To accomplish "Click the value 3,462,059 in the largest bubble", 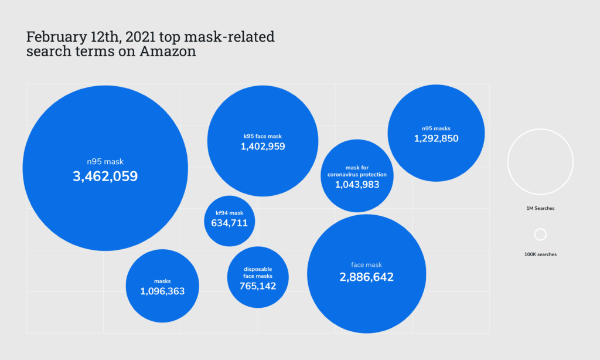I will (x=105, y=176).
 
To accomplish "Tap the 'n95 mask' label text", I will (x=105, y=162).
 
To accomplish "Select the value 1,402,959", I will (x=262, y=147).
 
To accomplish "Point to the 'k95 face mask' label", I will (x=262, y=136).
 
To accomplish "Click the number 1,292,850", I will (x=436, y=139).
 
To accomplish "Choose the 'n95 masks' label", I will (x=436, y=128).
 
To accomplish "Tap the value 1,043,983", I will (x=357, y=185).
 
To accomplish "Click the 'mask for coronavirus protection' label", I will (x=357, y=171).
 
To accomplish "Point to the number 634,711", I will (x=229, y=223).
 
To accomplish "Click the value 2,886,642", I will (x=366, y=277).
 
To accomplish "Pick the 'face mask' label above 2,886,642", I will (x=366, y=265).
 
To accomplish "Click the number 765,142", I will (x=257, y=286).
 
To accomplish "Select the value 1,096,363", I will (x=162, y=291).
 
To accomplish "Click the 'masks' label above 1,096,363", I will (x=162, y=281).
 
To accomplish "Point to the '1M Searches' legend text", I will (x=540, y=208).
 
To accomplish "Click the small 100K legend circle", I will (x=540, y=235).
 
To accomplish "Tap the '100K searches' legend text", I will (x=540, y=254).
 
